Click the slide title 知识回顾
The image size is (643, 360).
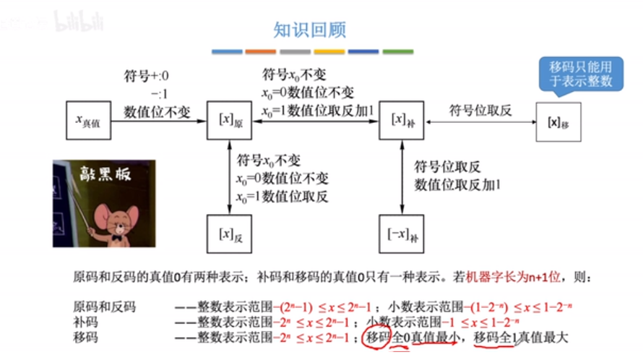pyautogui.click(x=310, y=30)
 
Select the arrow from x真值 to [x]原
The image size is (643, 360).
pyautogui.click(x=159, y=123)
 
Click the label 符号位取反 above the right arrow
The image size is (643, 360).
pyautogui.click(x=480, y=110)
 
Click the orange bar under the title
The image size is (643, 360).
pyautogui.click(x=261, y=52)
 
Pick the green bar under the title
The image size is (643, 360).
pyautogui.click(x=398, y=52)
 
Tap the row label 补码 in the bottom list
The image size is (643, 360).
pyautogui.click(x=85, y=322)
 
